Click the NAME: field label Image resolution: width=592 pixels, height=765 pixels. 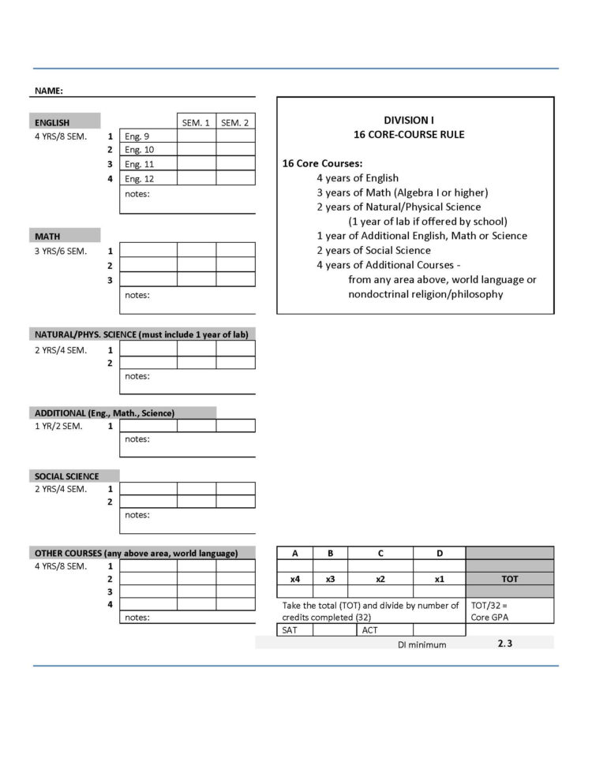(x=49, y=91)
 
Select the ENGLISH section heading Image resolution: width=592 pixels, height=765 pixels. (x=52, y=122)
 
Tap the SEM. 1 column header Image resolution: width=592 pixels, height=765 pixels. (x=197, y=122)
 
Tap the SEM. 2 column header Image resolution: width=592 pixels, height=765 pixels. (x=235, y=122)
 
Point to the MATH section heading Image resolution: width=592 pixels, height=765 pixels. (x=47, y=236)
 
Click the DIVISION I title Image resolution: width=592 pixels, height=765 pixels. (x=409, y=120)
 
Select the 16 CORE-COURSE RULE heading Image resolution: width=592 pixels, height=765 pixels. (x=409, y=135)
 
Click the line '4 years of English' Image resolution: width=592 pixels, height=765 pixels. (x=358, y=178)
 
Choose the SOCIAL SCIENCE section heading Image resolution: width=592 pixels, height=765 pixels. (x=67, y=476)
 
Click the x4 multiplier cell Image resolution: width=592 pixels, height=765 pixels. (x=295, y=579)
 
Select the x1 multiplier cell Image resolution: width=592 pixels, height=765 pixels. (x=439, y=579)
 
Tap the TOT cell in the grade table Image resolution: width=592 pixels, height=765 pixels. (x=510, y=579)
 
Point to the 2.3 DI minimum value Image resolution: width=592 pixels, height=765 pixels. (x=505, y=644)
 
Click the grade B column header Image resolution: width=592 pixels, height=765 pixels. (x=331, y=554)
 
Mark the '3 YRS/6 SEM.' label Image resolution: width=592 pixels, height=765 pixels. (x=61, y=251)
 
